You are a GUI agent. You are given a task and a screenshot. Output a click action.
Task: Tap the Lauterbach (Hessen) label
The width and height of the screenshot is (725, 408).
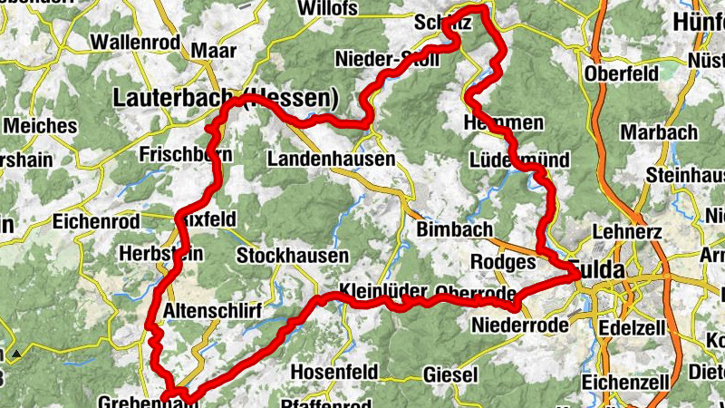227,97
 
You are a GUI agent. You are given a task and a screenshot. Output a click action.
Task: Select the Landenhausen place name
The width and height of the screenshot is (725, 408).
332,159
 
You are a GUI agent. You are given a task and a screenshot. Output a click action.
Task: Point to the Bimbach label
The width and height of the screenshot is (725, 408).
454,229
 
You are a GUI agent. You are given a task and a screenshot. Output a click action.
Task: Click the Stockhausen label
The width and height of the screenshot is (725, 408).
292,257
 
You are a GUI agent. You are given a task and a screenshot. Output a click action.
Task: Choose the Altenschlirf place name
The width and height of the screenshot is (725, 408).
213,312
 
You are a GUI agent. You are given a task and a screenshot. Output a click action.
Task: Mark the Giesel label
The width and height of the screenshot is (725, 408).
450,374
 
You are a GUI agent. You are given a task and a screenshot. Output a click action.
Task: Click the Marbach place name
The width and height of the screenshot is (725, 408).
659,131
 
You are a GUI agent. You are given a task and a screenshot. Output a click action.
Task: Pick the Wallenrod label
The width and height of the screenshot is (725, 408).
137,42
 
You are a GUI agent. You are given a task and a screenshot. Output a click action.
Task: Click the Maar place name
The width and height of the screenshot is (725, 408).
214,51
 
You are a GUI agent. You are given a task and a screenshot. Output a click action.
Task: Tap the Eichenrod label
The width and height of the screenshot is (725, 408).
96,221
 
